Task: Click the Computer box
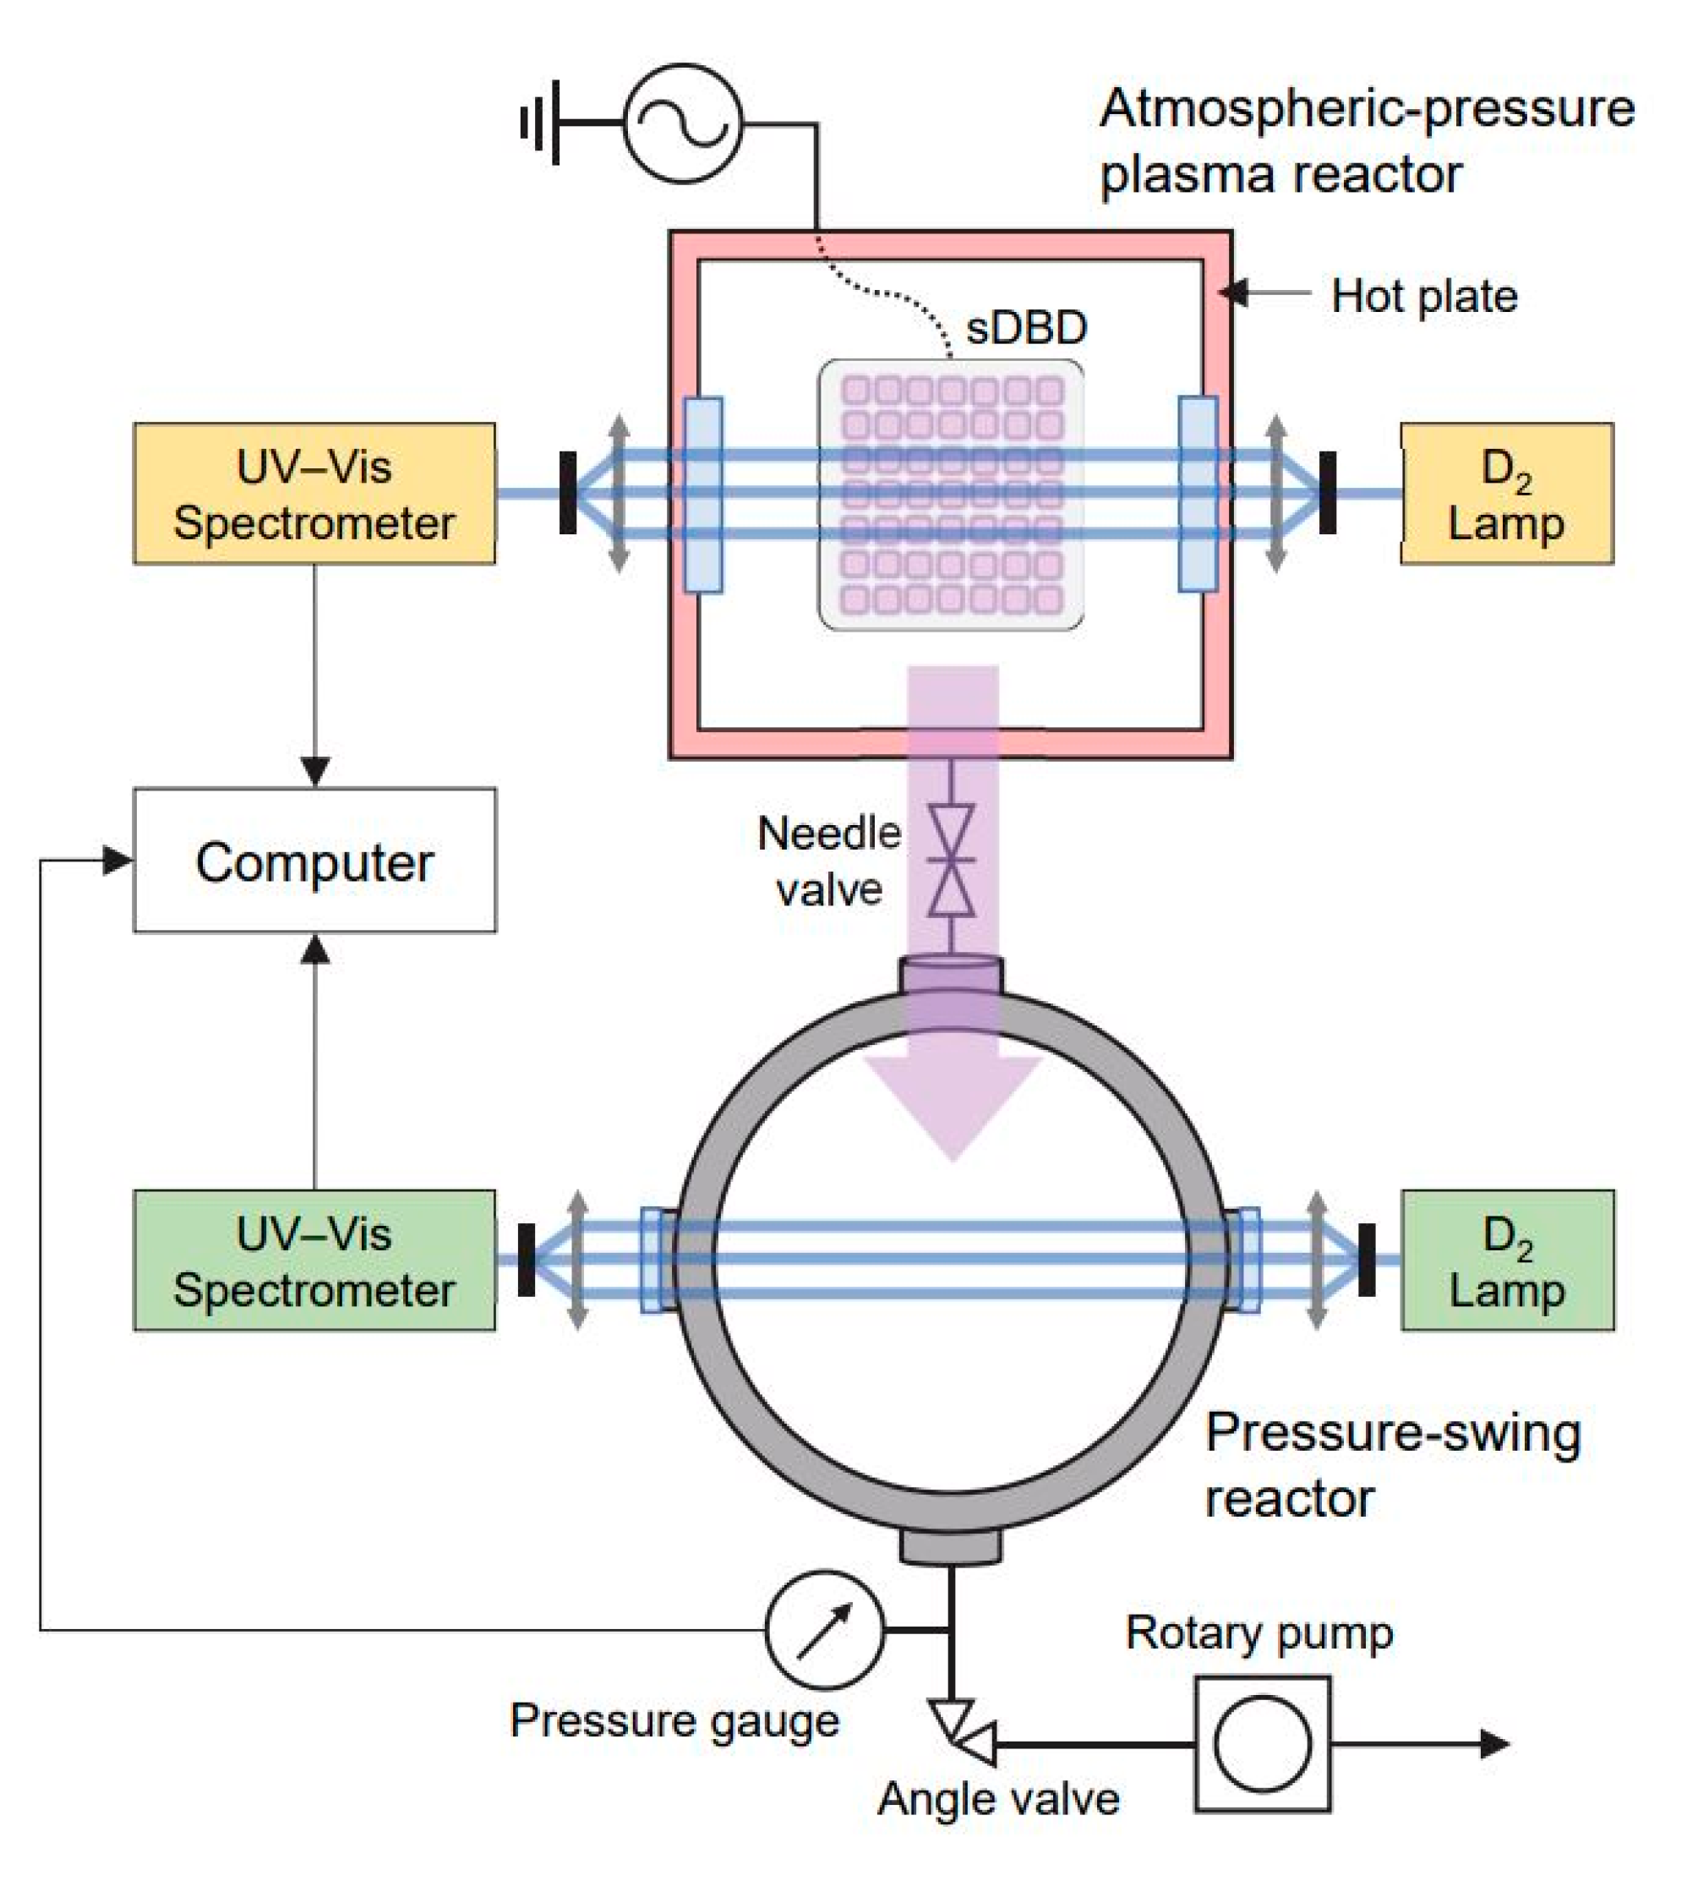[315, 861]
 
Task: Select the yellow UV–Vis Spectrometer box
[314, 494]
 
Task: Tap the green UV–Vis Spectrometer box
[314, 1260]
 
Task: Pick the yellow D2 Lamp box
[1508, 494]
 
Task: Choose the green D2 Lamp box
[1508, 1260]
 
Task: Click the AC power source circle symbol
[683, 123]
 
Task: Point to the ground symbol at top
[541, 123]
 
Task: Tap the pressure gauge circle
[824, 1630]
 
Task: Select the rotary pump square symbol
[1264, 1744]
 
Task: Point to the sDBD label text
[1026, 327]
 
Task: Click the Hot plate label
[1425, 296]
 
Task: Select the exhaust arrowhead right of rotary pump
[1495, 1744]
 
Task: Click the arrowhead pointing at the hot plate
[1233, 293]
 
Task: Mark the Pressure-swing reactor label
[1393, 1465]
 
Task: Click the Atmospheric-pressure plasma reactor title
[1368, 140]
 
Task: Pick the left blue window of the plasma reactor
[703, 495]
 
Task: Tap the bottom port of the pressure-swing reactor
[951, 1547]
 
